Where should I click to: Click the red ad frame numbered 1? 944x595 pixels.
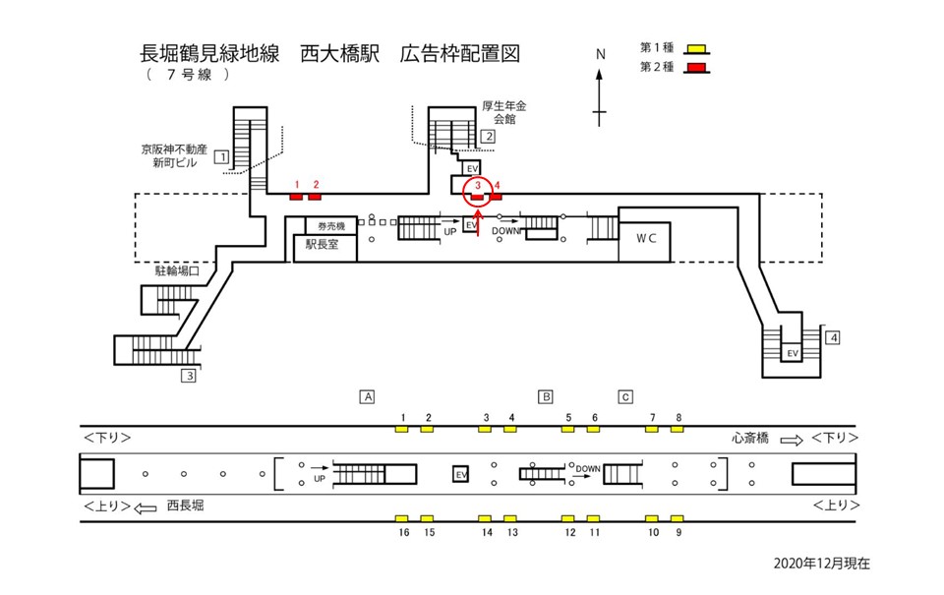pyautogui.click(x=296, y=196)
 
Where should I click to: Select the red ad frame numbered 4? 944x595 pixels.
pyautogui.click(x=497, y=196)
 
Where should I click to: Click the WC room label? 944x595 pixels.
pyautogui.click(x=645, y=238)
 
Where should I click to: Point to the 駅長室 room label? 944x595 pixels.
pyautogui.click(x=322, y=246)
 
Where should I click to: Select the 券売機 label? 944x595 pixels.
pyautogui.click(x=324, y=225)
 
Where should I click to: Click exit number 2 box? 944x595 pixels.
pyautogui.click(x=487, y=137)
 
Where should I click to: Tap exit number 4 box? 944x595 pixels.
pyautogui.click(x=833, y=338)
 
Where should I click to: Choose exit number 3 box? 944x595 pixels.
pyautogui.click(x=187, y=375)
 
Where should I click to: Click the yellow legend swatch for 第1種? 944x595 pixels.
pyautogui.click(x=697, y=47)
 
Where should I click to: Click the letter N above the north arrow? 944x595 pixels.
pyautogui.click(x=600, y=54)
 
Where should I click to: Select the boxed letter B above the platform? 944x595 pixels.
pyautogui.click(x=545, y=397)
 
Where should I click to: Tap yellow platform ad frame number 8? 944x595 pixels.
pyautogui.click(x=678, y=430)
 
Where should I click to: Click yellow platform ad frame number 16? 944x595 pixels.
pyautogui.click(x=402, y=518)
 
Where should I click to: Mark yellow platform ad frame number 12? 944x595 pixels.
pyautogui.click(x=568, y=518)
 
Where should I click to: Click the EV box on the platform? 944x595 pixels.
pyautogui.click(x=459, y=474)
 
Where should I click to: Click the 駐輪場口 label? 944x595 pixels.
pyautogui.click(x=178, y=268)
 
